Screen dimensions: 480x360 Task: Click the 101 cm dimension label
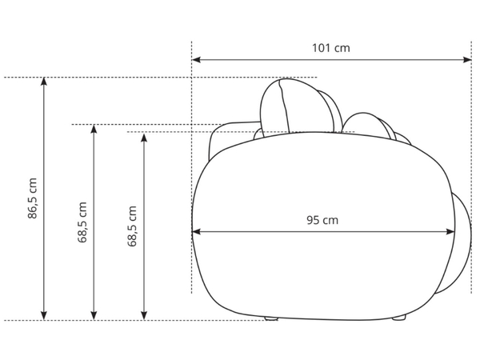[330, 48]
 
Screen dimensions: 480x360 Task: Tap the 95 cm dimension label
[322, 220]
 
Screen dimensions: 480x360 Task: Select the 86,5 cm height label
[32, 198]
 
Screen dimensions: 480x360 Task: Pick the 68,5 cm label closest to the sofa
[132, 226]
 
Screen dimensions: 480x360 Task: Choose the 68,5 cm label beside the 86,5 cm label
[82, 222]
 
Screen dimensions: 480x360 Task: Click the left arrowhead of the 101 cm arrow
[196, 59]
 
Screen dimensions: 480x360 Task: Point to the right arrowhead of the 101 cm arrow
[467, 59]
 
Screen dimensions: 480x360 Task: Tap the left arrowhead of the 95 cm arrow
[196, 232]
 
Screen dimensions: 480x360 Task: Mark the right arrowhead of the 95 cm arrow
[451, 232]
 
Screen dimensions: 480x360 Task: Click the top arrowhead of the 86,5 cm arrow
[44, 82]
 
